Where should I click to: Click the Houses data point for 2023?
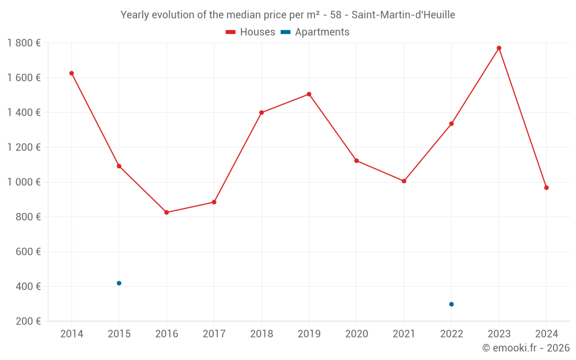click(499, 48)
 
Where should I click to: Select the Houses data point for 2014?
click(71, 73)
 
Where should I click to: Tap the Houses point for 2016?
click(166, 213)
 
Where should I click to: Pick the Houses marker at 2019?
click(309, 94)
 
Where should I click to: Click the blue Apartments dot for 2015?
click(119, 283)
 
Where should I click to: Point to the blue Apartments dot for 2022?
click(452, 304)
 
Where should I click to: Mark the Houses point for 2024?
click(546, 188)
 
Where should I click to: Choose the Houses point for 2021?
click(404, 181)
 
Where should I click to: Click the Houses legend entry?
click(251, 32)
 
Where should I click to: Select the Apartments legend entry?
click(315, 32)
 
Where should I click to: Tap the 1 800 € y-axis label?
click(24, 43)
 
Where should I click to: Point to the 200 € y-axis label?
click(29, 321)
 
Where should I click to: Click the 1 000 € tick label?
click(24, 182)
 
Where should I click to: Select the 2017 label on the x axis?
click(214, 334)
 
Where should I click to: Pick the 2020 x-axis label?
click(357, 334)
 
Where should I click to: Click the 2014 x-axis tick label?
click(71, 334)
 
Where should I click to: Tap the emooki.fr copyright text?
click(526, 348)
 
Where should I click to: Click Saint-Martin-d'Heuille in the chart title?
click(403, 15)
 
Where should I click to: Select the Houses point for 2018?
click(262, 112)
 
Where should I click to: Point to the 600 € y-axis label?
click(29, 252)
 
